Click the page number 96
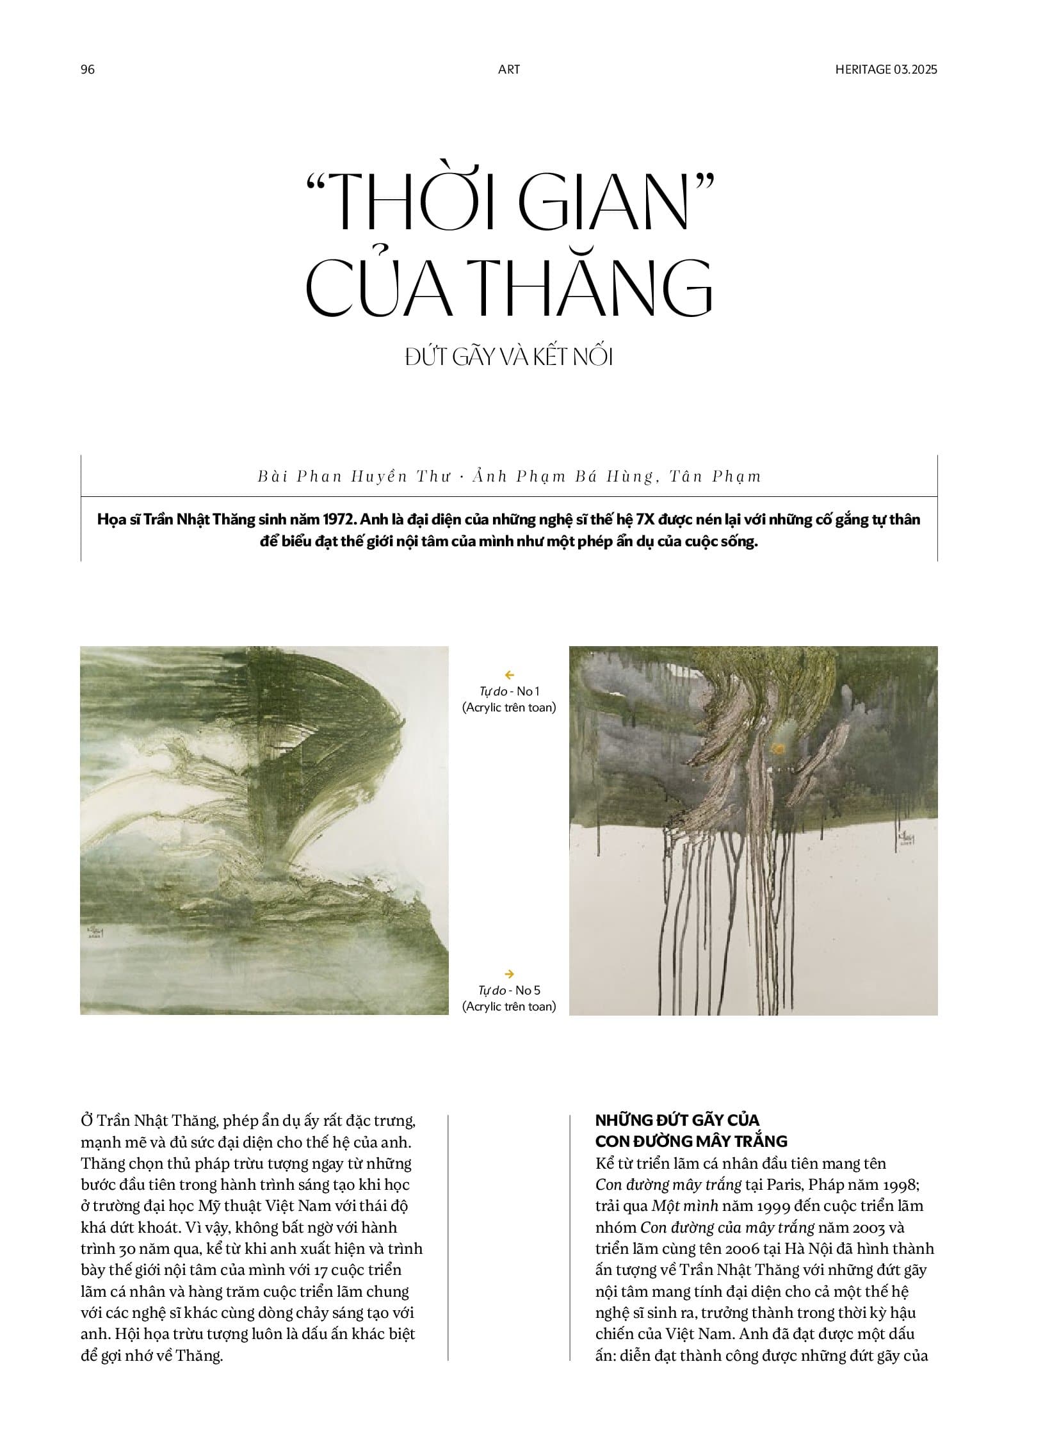click(88, 69)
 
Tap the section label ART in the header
click(509, 69)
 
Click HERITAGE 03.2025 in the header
click(886, 69)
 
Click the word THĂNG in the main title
click(596, 289)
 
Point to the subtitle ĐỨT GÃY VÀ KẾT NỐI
click(509, 357)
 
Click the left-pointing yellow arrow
click(510, 674)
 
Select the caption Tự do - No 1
click(509, 691)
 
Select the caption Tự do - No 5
click(509, 990)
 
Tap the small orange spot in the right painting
click(779, 747)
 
